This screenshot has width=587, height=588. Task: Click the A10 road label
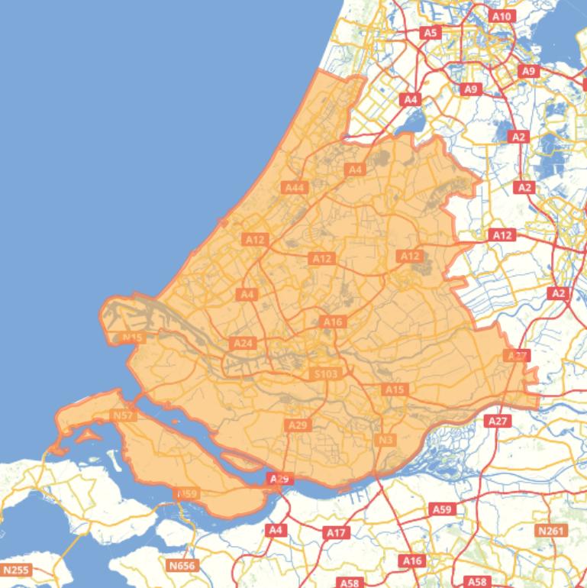coord(502,16)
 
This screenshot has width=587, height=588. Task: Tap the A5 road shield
coord(431,33)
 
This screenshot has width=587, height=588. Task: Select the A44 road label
coord(294,187)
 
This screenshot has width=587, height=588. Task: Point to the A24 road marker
coord(243,344)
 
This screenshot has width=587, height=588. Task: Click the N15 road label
coord(133,338)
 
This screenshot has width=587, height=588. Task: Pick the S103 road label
coord(325,374)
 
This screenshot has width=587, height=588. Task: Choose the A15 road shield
coord(395,389)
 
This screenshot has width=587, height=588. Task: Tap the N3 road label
coord(385,440)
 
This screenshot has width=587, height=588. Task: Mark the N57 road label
coord(123,415)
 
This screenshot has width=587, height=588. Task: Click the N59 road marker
coord(187,494)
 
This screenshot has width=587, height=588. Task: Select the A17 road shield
coord(336,532)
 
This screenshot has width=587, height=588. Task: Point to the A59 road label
coord(442,509)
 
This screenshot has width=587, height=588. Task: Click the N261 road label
coord(551,531)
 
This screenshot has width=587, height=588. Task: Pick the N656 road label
coord(182,566)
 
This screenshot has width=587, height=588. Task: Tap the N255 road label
coord(15,570)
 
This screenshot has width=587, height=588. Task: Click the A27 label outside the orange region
coord(497,421)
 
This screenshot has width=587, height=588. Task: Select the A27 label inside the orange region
coord(517,356)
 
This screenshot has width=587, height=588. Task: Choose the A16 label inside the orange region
coord(333,322)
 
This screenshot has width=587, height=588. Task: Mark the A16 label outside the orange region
coord(412,561)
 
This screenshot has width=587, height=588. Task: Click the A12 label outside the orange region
coord(502,235)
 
